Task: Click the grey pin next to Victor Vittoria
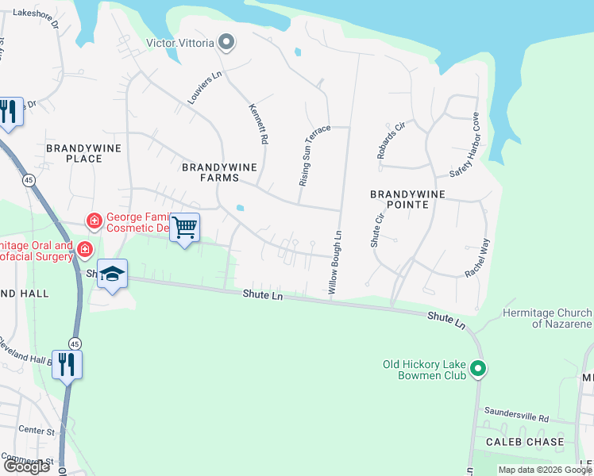click(226, 42)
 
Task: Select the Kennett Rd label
click(259, 124)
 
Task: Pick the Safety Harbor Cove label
click(464, 148)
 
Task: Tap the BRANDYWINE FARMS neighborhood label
click(210, 173)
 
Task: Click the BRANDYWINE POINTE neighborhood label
click(399, 199)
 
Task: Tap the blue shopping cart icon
click(185, 228)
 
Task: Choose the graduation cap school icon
click(113, 274)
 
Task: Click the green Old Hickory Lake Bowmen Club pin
click(477, 369)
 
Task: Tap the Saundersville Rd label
click(521, 417)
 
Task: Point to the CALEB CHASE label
click(526, 442)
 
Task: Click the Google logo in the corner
click(26, 466)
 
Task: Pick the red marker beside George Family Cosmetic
click(94, 220)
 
